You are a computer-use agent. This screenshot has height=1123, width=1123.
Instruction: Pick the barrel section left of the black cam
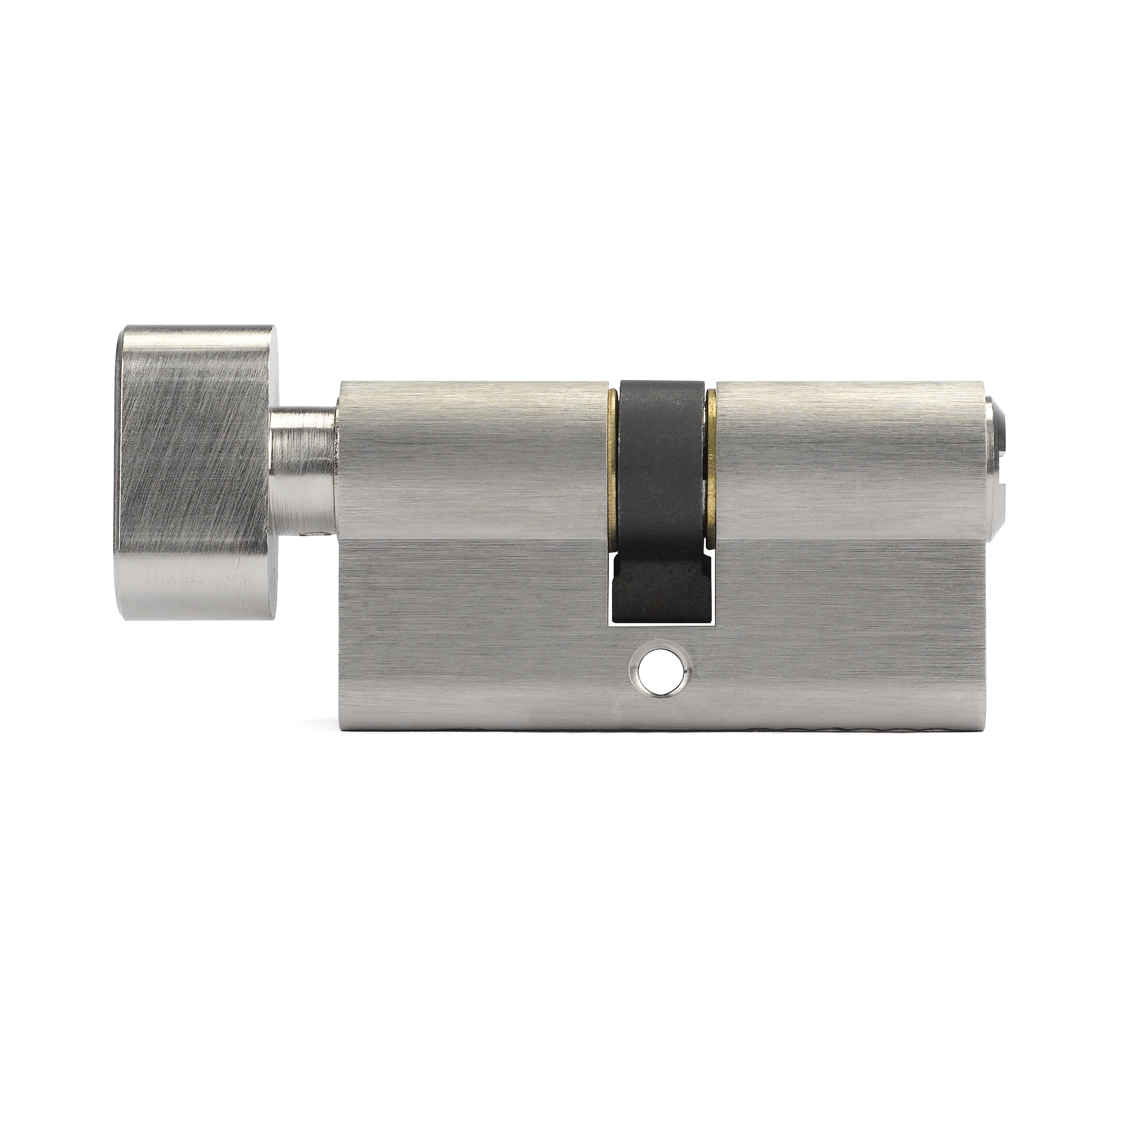[x=471, y=453]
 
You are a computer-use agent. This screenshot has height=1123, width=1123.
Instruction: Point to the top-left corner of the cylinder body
[x=342, y=384]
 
